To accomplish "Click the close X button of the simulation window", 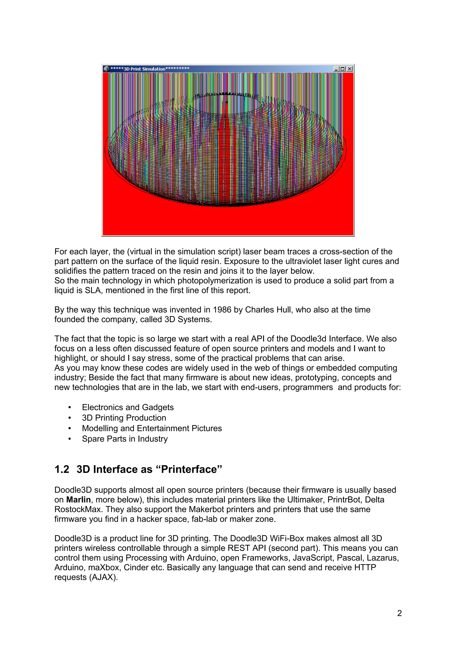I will (350, 69).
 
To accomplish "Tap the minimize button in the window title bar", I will (336, 69).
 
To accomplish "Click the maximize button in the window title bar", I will (342, 69).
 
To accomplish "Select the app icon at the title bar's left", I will (106, 69).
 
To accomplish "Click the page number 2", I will (399, 613).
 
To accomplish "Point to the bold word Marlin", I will (78, 499).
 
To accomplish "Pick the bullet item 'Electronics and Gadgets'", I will (128, 407).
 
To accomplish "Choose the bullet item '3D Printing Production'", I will (124, 418).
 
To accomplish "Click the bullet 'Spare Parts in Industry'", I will (125, 439).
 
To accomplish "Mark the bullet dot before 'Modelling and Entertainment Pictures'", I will (70, 428).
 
